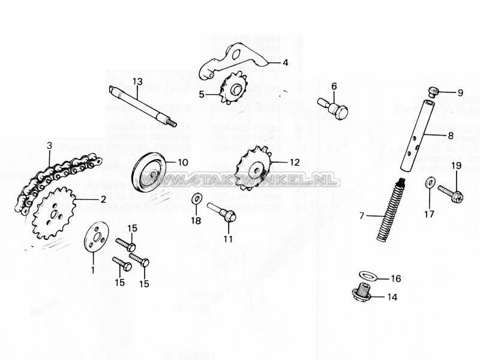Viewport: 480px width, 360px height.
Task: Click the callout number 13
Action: point(137,81)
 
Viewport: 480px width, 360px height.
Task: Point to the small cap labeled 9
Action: point(434,91)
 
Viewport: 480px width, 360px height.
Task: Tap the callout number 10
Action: point(182,162)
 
